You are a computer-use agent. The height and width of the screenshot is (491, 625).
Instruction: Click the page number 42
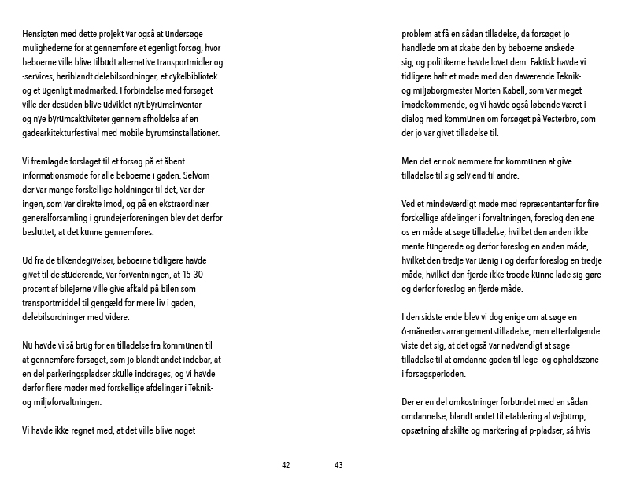pyautogui.click(x=286, y=465)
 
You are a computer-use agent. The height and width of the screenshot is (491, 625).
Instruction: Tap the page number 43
pyautogui.click(x=338, y=465)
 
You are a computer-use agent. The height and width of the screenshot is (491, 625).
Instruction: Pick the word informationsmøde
pyautogui.click(x=58, y=175)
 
